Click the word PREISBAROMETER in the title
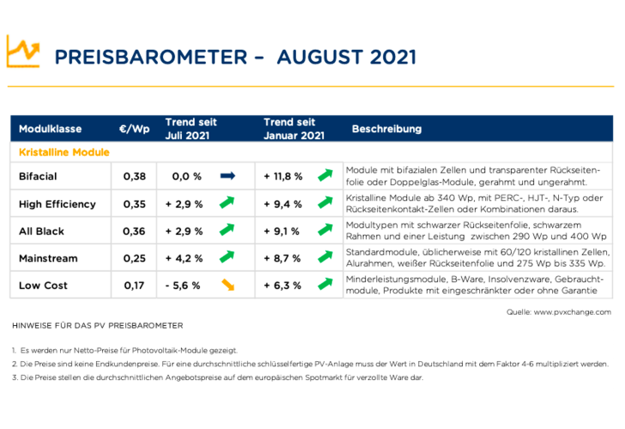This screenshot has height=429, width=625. coord(142,58)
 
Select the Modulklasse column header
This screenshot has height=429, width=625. coord(50,130)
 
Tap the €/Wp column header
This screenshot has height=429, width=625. coord(134,130)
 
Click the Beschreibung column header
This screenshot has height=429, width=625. coord(386,130)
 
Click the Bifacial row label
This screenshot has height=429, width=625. coord(39,176)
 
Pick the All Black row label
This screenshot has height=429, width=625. coord(41,231)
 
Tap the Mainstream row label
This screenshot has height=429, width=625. coord(48,259)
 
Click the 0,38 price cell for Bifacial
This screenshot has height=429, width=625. coord(134,176)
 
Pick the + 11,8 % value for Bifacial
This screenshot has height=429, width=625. coord(282,176)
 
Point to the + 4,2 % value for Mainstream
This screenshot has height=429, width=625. coord(183,259)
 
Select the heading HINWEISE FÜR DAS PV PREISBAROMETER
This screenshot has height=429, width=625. coord(98,328)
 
